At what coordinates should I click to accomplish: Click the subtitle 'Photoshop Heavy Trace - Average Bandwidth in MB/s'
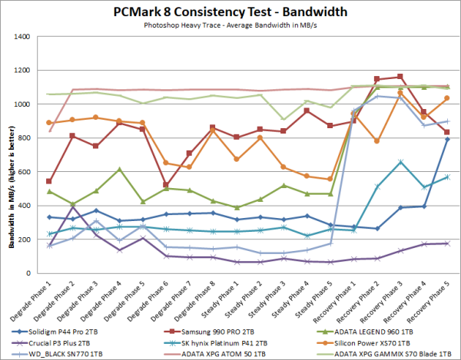point(230,25)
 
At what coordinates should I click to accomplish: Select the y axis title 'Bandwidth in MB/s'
point(10,154)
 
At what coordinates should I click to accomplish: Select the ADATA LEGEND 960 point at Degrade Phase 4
point(120,170)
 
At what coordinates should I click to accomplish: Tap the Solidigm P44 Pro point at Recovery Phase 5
point(446,139)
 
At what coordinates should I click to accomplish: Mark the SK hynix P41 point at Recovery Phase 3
point(400,162)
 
